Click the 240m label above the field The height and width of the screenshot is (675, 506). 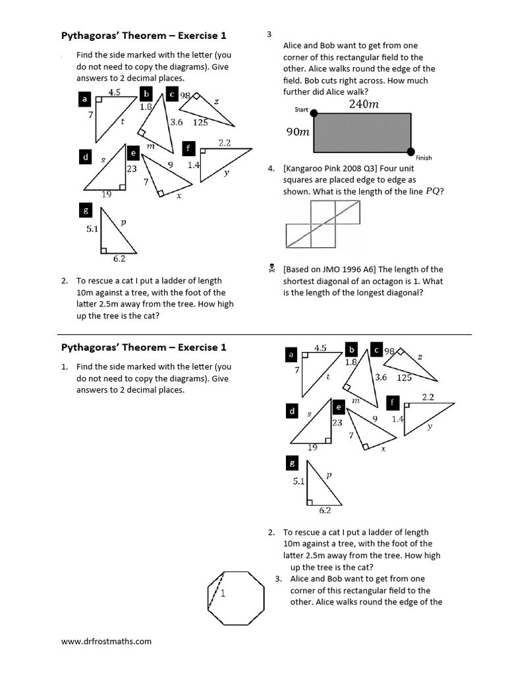point(363,104)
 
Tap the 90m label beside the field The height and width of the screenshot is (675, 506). point(297,132)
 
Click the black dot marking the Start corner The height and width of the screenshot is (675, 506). point(314,113)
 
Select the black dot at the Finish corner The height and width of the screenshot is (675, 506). point(411,151)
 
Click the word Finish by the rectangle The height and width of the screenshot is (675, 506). point(424,158)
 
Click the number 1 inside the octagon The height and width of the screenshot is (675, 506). point(223,593)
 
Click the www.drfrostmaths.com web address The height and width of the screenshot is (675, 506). point(106,641)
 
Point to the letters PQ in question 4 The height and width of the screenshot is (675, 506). point(433,191)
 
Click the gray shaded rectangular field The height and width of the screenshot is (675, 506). point(362,132)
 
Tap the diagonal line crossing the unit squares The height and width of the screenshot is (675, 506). point(323,223)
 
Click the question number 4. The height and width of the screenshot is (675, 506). point(271,168)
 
